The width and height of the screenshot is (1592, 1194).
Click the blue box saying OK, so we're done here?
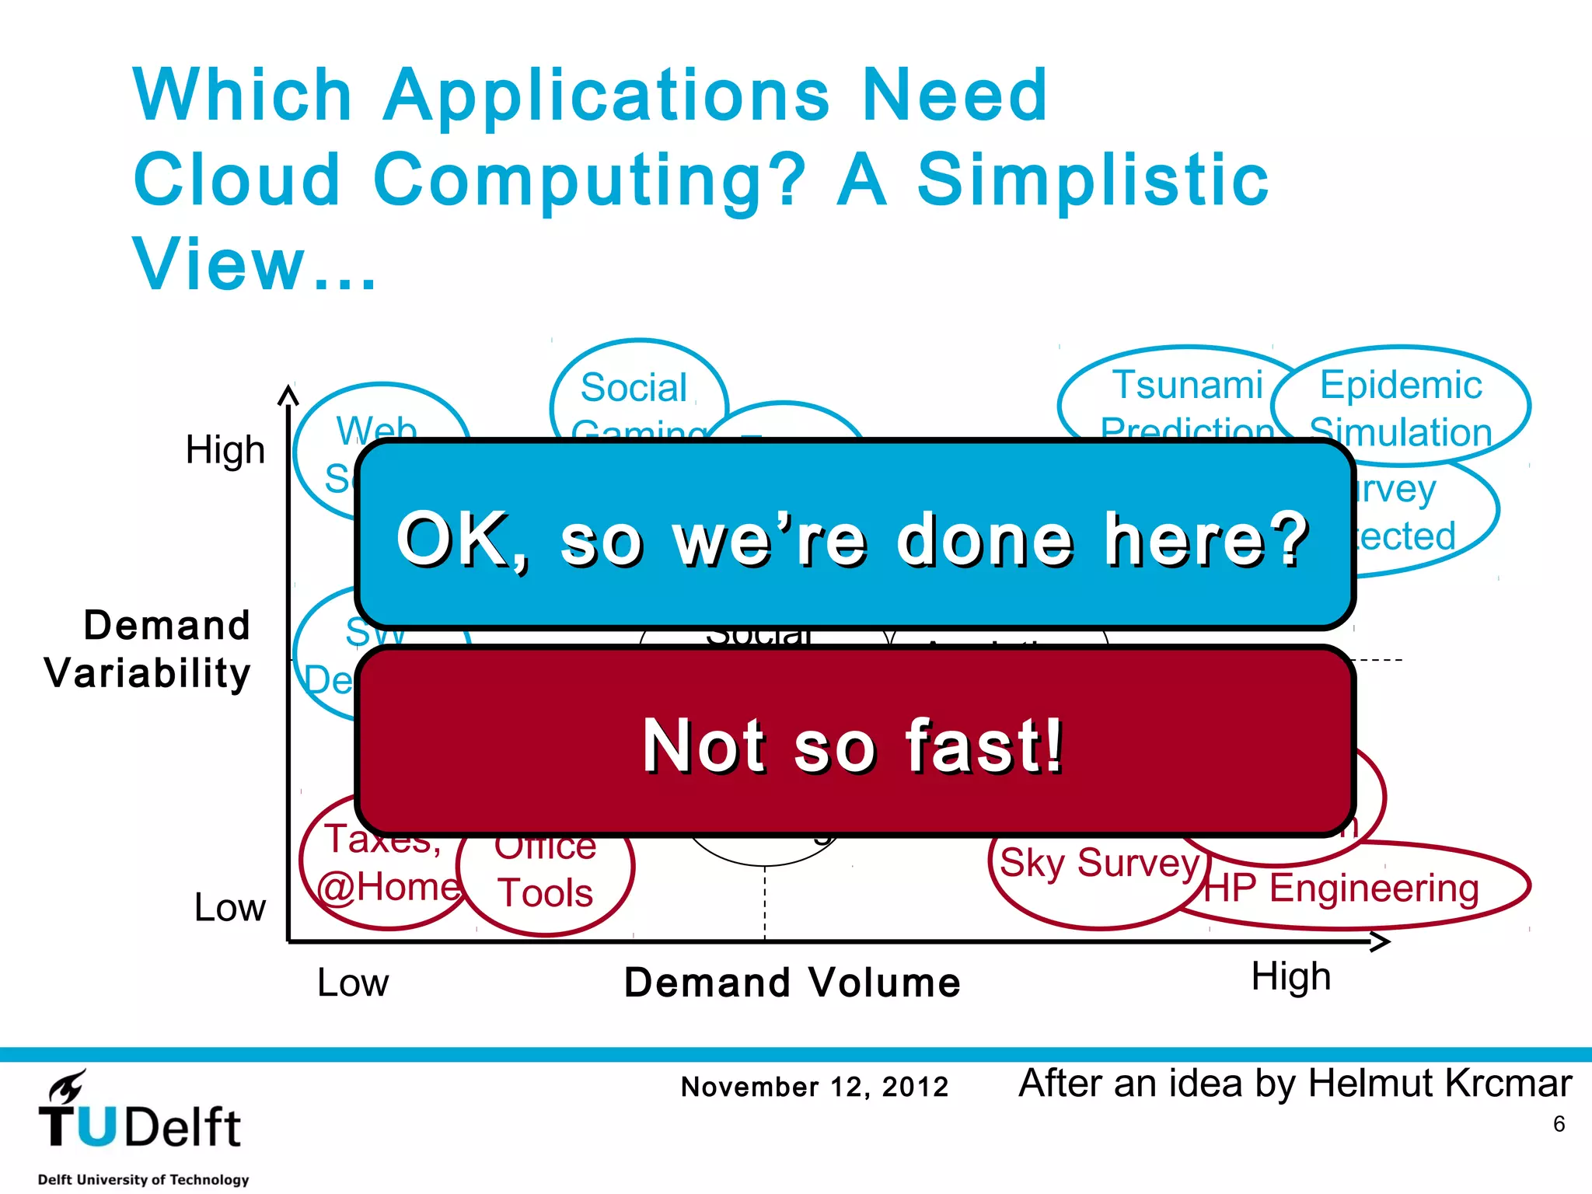(x=854, y=536)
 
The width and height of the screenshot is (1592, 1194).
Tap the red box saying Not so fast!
(x=854, y=742)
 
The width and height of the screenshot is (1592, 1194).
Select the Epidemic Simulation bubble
(x=1401, y=407)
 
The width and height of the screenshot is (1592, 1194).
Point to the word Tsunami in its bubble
(x=1187, y=386)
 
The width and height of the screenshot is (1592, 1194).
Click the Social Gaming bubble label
(x=634, y=389)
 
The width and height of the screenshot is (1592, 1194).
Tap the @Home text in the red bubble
(x=389, y=887)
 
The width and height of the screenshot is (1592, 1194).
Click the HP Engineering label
(x=1342, y=889)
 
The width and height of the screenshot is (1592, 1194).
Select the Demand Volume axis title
(x=792, y=982)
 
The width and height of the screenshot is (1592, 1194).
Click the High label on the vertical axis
(x=225, y=450)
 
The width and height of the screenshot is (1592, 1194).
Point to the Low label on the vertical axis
(x=229, y=907)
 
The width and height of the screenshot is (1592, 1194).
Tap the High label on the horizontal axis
(x=1290, y=977)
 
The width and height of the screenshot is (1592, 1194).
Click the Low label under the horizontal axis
(x=352, y=983)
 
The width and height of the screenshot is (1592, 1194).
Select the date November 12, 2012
(x=815, y=1087)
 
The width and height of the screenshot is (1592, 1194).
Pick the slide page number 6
(x=1559, y=1124)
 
